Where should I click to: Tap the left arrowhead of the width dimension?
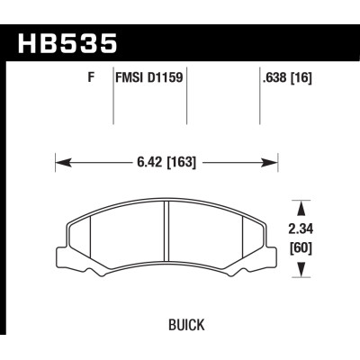pos(61,163)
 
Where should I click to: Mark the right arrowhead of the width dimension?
pos(269,163)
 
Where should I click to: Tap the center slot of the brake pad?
pos(168,231)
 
